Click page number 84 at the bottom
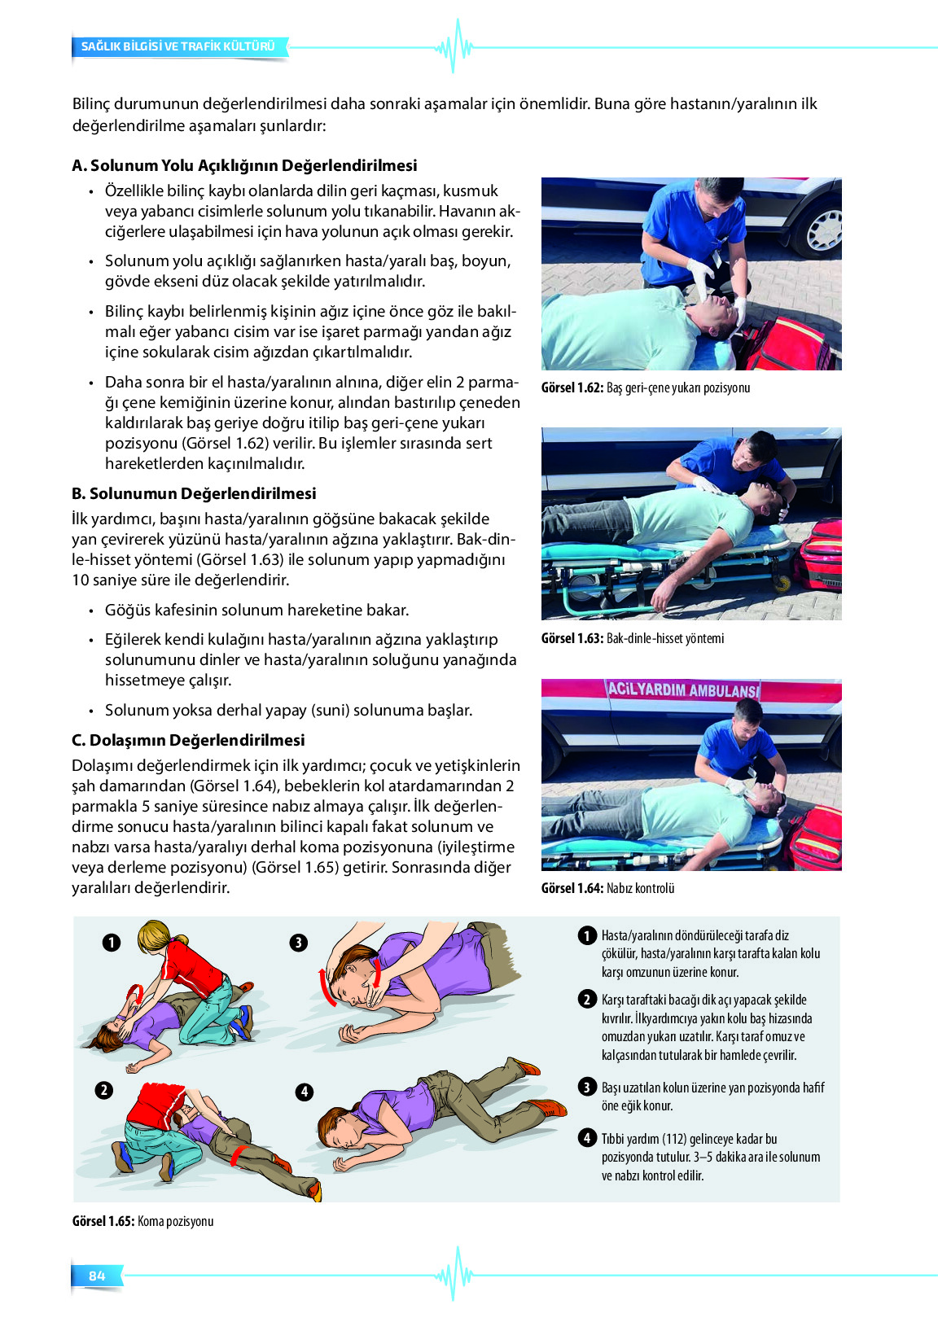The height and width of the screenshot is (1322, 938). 97,1276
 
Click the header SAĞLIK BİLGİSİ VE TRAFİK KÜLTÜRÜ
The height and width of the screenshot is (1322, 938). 178,46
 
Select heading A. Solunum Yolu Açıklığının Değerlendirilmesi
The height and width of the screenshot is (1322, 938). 244,165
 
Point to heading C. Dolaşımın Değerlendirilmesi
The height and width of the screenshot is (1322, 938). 188,740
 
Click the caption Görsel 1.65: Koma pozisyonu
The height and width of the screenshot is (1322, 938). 142,1221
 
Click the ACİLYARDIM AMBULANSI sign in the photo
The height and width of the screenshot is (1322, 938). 682,690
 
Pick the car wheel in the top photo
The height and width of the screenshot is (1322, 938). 821,229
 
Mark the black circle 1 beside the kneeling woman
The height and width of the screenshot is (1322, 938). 112,943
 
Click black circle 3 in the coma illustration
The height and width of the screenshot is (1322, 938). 299,943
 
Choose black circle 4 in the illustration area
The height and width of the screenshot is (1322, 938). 305,1092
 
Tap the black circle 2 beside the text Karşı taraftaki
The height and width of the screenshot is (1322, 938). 587,1000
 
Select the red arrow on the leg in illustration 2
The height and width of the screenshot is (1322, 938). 238,1157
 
